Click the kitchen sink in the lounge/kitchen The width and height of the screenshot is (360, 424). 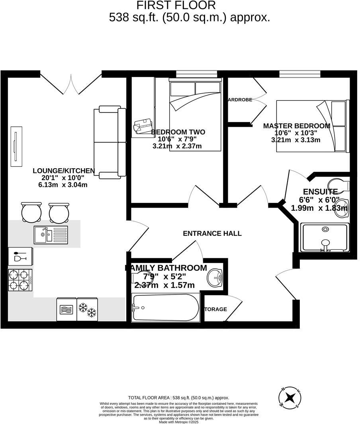(51, 235)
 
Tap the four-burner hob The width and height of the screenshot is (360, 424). (20, 280)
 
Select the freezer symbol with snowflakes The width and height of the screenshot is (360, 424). (87, 309)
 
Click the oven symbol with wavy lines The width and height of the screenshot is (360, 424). (66, 309)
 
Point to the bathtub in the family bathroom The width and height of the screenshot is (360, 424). (165, 308)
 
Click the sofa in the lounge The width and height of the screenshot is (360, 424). (110, 142)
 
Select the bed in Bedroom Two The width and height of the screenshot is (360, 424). (195, 116)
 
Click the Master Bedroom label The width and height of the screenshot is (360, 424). (297, 126)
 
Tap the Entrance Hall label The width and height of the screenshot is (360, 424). (212, 234)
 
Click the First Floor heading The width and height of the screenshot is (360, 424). (176, 6)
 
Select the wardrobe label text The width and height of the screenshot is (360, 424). (240, 100)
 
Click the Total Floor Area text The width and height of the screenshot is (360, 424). (179, 398)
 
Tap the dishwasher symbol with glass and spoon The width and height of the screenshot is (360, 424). (20, 256)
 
